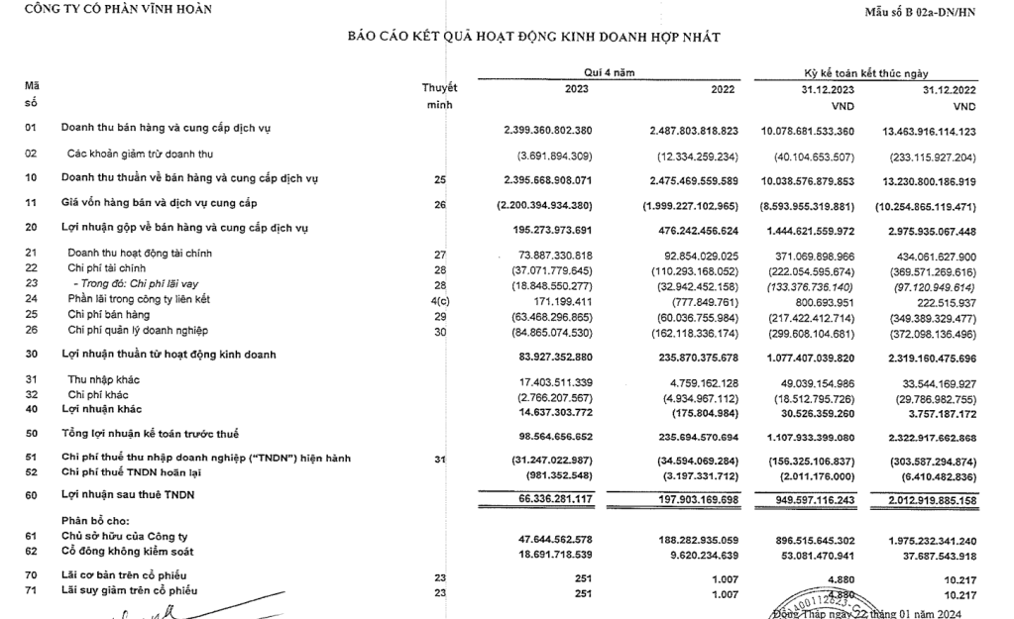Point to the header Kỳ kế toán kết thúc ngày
867,72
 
